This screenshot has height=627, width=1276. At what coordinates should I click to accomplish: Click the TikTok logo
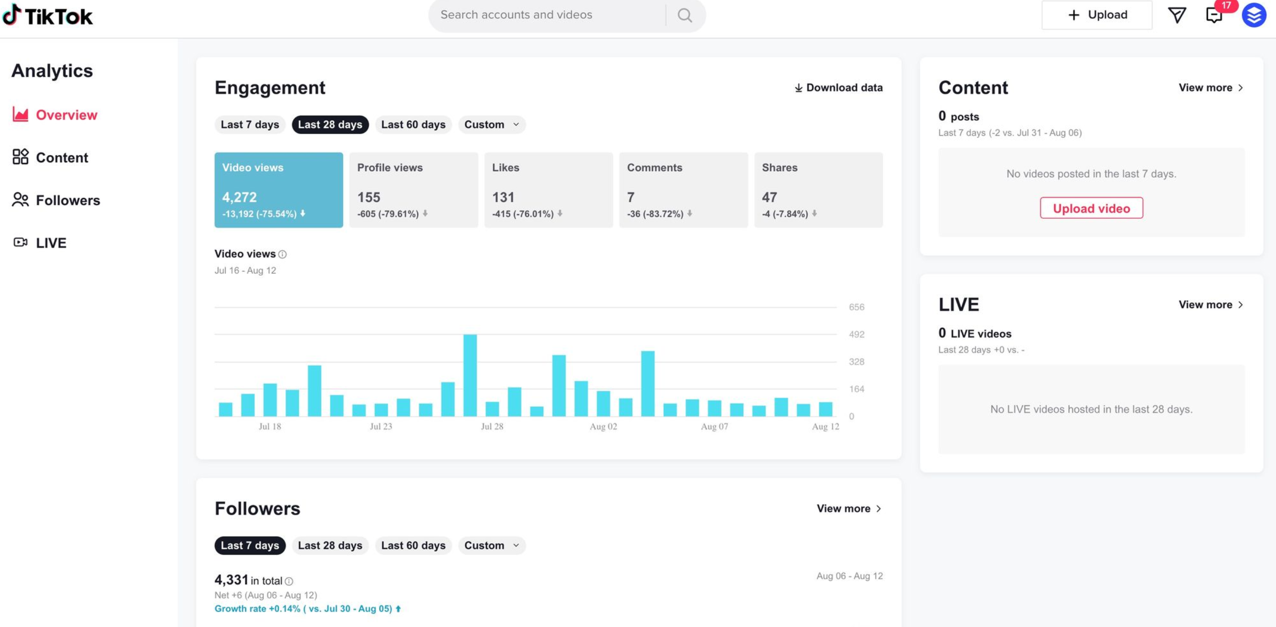pos(48,16)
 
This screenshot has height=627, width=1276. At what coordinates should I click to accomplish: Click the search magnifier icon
pos(685,15)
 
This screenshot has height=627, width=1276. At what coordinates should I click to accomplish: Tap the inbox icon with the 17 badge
pos(1214,15)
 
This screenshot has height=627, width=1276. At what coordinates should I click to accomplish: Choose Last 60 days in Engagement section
pos(413,125)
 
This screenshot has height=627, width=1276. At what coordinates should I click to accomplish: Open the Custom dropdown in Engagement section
pos(492,125)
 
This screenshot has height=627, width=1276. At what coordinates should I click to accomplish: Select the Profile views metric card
pos(414,190)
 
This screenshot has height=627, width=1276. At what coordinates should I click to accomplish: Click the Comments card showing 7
pos(683,190)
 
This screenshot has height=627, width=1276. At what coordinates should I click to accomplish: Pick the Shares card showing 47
pos(818,190)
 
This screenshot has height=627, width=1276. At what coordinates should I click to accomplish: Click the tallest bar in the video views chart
pos(470,375)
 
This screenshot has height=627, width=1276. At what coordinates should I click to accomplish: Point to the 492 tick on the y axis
pos(856,334)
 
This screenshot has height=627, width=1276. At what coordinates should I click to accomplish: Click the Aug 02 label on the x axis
pos(603,427)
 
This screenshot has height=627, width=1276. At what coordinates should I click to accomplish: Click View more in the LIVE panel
pos(1210,305)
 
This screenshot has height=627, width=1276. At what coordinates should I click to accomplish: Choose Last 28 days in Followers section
pos(330,545)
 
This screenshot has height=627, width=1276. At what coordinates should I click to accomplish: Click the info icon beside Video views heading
pos(282,255)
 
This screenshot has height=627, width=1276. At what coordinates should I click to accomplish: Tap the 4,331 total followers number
pos(231,579)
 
